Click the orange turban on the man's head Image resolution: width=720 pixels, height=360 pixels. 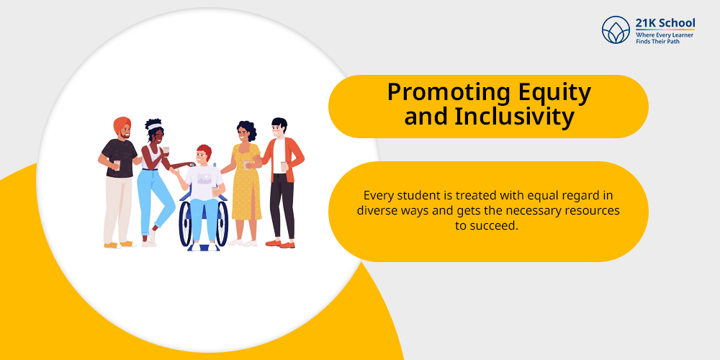pyautogui.click(x=122, y=124)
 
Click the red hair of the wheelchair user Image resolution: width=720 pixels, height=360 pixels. pyautogui.click(x=204, y=150)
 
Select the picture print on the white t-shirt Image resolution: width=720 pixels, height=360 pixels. pyautogui.click(x=204, y=179)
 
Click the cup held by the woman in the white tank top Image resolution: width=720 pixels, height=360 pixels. pyautogui.click(x=166, y=150)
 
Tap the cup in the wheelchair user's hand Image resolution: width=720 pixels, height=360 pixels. pyautogui.click(x=215, y=191)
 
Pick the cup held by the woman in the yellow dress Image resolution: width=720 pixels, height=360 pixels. pyautogui.click(x=248, y=165)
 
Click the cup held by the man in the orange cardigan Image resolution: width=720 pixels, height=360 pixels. pyautogui.click(x=284, y=166)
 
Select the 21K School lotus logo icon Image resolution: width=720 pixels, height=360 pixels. pyautogui.click(x=616, y=30)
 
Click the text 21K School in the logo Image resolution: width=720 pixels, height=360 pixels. pyautogui.click(x=665, y=23)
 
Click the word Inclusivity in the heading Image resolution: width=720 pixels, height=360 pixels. pyautogui.click(x=514, y=117)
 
